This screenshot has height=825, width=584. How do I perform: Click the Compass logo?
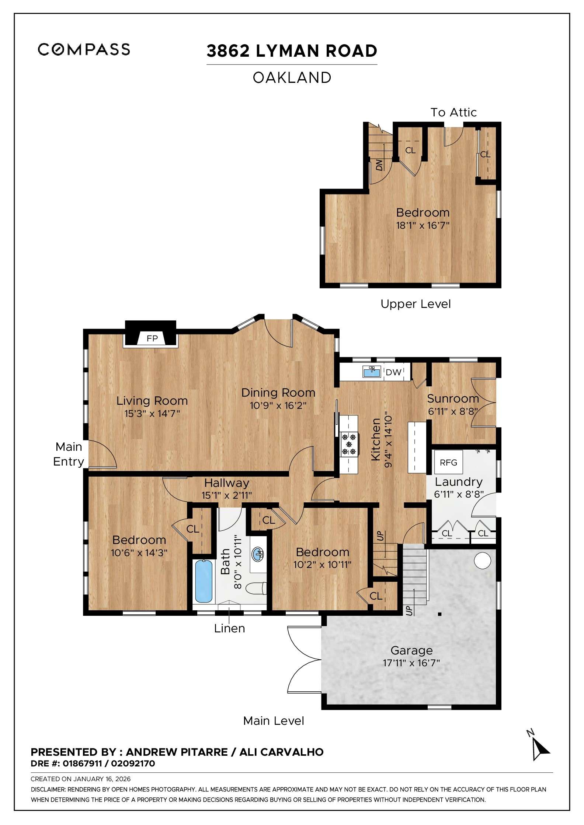(x=84, y=49)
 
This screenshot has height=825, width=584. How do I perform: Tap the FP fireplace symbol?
(x=152, y=338)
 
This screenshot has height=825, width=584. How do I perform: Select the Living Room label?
(x=152, y=401)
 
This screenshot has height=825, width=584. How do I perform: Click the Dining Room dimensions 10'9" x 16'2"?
(x=278, y=406)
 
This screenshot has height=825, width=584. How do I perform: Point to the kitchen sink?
(x=372, y=372)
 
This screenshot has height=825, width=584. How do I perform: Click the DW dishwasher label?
(x=393, y=372)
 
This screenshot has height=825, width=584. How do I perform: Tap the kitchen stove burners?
(x=349, y=444)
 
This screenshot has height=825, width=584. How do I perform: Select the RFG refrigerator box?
(x=448, y=462)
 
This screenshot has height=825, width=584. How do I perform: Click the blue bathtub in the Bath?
(x=203, y=582)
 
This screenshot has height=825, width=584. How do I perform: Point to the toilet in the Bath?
(x=256, y=588)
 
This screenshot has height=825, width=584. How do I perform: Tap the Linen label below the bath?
(x=229, y=628)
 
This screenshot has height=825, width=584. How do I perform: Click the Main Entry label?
(x=69, y=454)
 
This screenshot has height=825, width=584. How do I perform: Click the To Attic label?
(x=453, y=112)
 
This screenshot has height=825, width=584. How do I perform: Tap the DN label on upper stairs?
(x=379, y=165)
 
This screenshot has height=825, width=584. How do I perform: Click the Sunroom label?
(x=453, y=399)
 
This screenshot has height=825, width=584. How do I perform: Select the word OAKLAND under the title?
(x=292, y=78)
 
